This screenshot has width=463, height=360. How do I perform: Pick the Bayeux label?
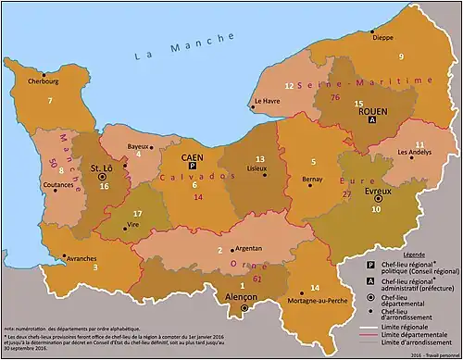[x=138, y=146]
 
